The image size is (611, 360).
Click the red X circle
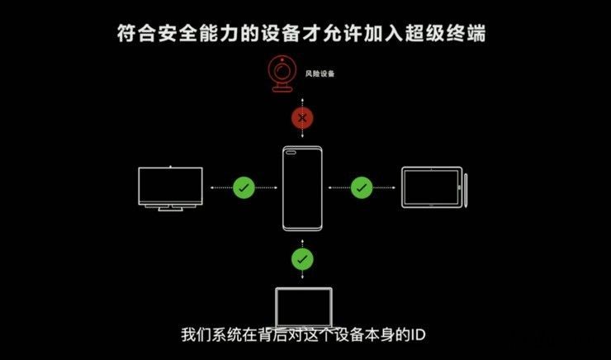coord(302,118)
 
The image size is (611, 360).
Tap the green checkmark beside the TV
coord(243,187)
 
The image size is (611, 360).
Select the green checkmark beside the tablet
coord(362,187)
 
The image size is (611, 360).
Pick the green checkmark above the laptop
coord(302,260)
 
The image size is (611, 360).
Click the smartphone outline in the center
coord(302,188)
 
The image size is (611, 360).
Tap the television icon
coord(171,187)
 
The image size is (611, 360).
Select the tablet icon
coord(431,187)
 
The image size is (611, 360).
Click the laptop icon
coord(303,307)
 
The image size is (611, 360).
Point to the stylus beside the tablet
coord(467,188)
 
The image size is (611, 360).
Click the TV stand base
coord(171,208)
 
